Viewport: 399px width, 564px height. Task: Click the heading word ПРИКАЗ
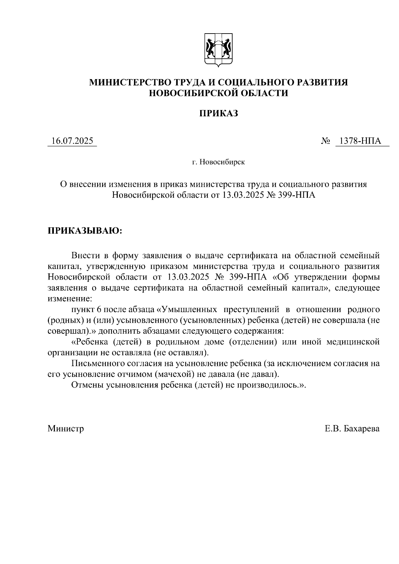pos(219,114)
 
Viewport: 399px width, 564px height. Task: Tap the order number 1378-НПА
pos(362,141)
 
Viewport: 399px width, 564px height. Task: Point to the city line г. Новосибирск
pos(218,163)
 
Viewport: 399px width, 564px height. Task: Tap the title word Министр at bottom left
pos(66,428)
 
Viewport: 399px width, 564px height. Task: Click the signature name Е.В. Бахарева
pos(352,428)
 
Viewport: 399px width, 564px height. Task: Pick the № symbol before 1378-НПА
pos(325,141)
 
